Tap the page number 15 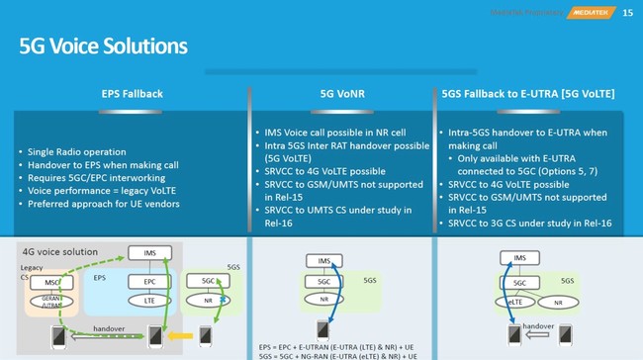[627, 11]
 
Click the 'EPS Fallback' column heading [132, 94]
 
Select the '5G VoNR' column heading [339, 94]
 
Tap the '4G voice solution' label [63, 251]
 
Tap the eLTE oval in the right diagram [520, 302]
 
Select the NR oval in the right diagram [557, 302]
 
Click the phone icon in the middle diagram [322, 329]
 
